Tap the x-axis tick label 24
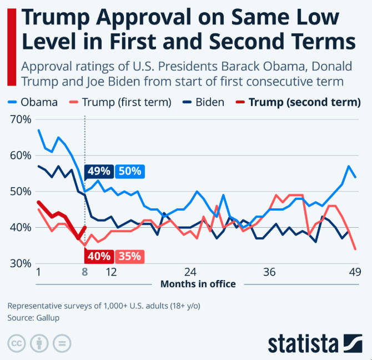[x=190, y=272]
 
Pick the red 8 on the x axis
[x=84, y=272]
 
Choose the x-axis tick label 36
[x=270, y=272]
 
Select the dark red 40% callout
[x=99, y=257]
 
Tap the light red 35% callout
[x=130, y=257]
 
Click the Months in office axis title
[x=198, y=284]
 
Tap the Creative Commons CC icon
[x=17, y=343]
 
